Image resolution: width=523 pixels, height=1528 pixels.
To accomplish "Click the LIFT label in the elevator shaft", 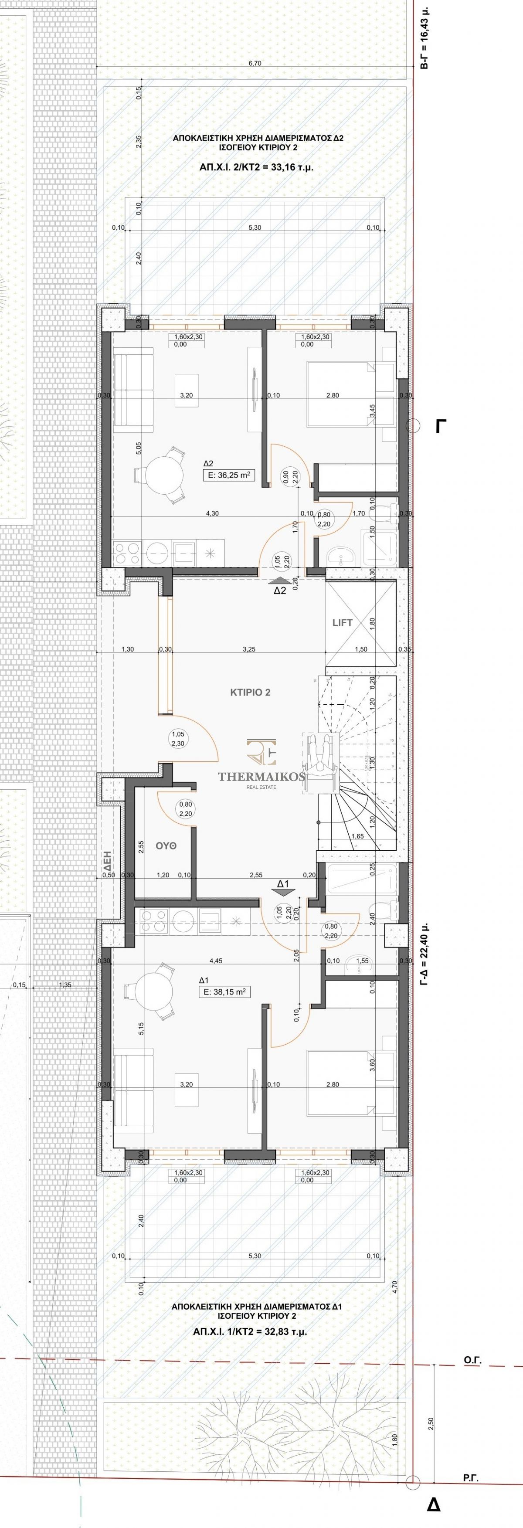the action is (342, 622).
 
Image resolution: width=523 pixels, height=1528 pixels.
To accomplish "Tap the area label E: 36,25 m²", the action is (229, 475).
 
